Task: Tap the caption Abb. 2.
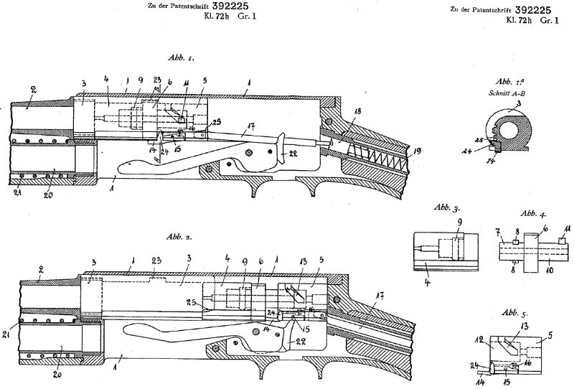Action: pyautogui.click(x=177, y=236)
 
